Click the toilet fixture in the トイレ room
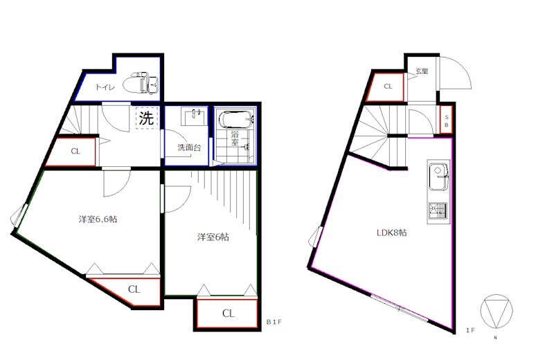click(141, 82)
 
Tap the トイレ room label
click(105, 87)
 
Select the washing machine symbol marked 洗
click(146, 118)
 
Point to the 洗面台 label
click(189, 147)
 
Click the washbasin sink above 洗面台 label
click(194, 116)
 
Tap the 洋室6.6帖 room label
click(98, 219)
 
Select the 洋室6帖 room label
click(213, 237)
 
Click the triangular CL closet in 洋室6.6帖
click(134, 290)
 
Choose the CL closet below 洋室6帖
click(227, 314)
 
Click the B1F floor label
click(274, 322)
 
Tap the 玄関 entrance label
click(422, 71)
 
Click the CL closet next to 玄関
click(386, 87)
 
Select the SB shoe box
click(446, 120)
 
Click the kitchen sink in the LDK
click(439, 177)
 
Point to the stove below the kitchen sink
click(438, 211)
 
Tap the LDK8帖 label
click(391, 233)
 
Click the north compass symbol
click(496, 311)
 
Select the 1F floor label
click(470, 330)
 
